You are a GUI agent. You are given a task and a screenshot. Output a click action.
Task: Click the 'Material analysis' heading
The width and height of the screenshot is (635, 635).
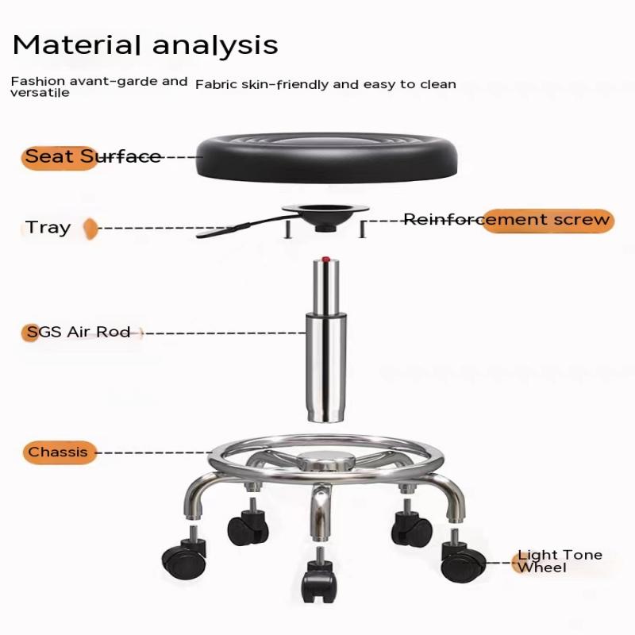point(145,44)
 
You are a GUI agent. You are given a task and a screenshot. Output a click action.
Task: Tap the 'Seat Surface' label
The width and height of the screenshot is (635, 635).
point(93,156)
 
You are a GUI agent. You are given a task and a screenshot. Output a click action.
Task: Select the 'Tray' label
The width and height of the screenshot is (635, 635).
point(48,228)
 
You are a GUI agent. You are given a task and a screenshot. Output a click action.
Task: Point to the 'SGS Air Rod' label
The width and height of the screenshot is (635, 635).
point(79,332)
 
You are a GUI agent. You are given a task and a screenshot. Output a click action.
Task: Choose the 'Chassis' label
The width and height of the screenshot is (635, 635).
point(58,452)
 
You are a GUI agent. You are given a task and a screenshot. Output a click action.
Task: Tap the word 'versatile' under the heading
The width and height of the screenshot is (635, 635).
point(40,93)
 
